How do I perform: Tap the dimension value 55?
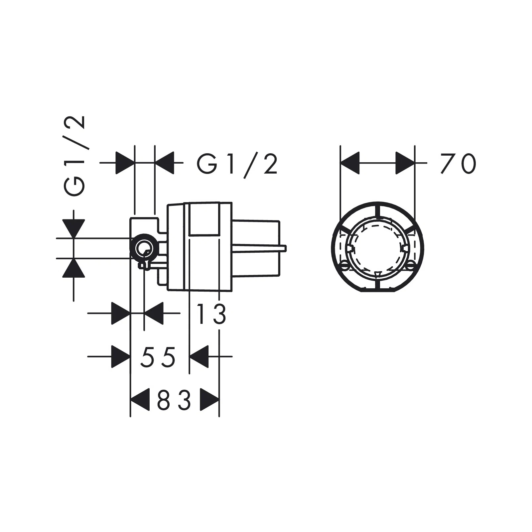158,357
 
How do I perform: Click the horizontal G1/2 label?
237,164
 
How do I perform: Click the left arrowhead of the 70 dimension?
350,163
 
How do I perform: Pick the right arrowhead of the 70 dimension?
405,163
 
